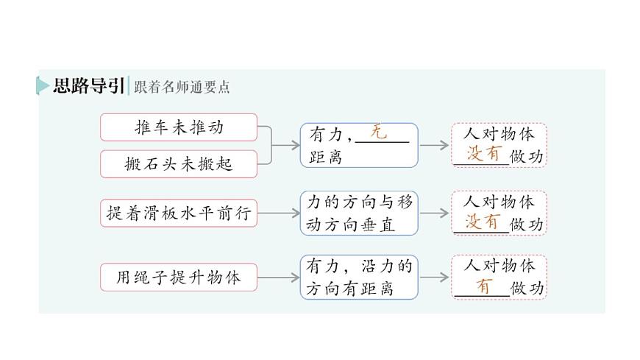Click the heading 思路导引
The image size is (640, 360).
coord(88,86)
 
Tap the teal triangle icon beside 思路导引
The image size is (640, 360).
coord(43,86)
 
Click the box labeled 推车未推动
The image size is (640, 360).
coord(179,127)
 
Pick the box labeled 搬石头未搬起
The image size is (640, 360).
coord(179,163)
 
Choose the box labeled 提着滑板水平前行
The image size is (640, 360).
coord(179,213)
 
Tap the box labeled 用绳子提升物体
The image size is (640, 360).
coord(179,278)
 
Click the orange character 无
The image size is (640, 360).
coord(378,133)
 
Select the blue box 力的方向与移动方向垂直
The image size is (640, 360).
coord(358,213)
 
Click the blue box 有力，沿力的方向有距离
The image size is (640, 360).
coord(358,277)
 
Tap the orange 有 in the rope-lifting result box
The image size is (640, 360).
coord(483,286)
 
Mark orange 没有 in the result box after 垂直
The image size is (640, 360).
coord(484,222)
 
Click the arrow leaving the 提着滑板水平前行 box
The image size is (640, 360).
coord(279,213)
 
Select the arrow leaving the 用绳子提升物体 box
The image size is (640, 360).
coord(279,278)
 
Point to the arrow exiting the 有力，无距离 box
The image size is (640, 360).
coord(434,145)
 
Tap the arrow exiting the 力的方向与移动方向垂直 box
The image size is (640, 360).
coord(434,213)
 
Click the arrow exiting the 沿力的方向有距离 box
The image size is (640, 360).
coord(434,278)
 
